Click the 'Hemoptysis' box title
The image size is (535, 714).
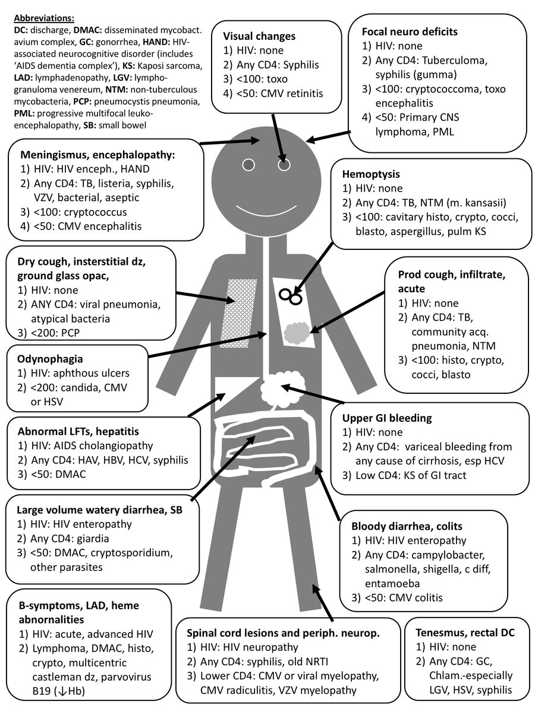tap(371, 175)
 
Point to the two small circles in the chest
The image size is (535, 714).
tap(290, 295)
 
